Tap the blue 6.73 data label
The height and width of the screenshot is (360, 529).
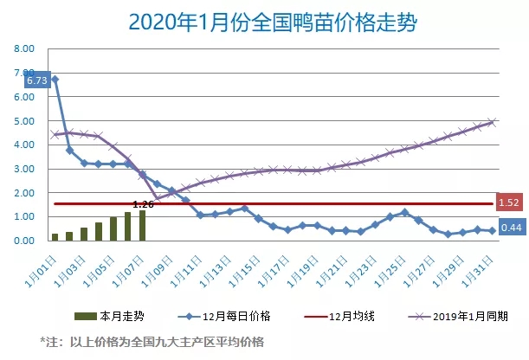coord(36,80)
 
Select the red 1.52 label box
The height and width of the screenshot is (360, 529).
coord(508,203)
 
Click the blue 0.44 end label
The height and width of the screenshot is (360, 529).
coord(509,229)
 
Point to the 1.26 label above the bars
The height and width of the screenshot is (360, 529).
coord(144,204)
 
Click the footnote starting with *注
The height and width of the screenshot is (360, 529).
coord(152,340)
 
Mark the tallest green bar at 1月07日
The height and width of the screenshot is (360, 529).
coord(142,225)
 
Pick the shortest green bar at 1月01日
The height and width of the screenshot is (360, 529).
coord(55,236)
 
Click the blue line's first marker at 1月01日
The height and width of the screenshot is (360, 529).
coord(55,80)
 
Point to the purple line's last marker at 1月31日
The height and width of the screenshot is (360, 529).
coord(492,122)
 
